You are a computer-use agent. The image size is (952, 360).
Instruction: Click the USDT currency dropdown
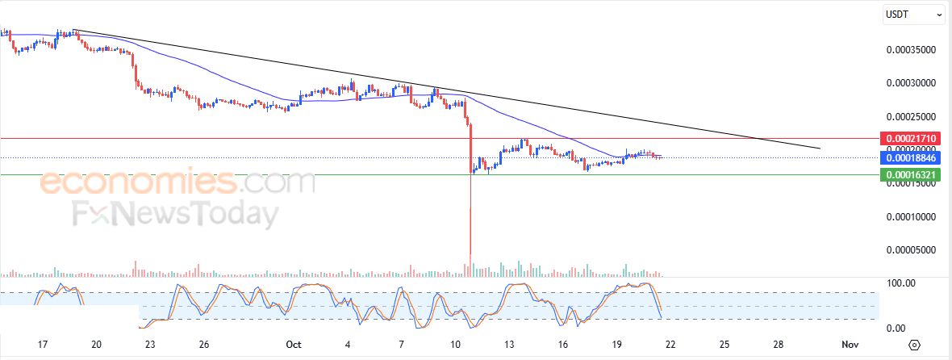click(x=914, y=14)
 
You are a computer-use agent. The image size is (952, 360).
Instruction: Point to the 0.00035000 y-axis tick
click(x=910, y=49)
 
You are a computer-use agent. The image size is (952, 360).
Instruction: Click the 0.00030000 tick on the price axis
click(x=910, y=83)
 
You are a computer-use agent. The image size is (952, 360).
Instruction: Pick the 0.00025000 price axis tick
click(x=910, y=116)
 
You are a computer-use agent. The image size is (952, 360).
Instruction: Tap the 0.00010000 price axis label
click(x=910, y=217)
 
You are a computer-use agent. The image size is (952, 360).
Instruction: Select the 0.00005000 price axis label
click(x=910, y=250)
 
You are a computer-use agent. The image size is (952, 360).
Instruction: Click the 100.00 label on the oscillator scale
click(x=900, y=283)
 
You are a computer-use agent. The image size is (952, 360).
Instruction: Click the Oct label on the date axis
click(x=294, y=345)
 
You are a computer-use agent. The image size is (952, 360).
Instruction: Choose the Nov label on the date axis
click(x=849, y=345)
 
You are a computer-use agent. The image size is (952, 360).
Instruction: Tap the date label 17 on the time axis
click(x=44, y=345)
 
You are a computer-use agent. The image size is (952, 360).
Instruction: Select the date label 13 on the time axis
click(x=510, y=345)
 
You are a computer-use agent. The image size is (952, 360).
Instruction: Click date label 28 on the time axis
click(x=778, y=345)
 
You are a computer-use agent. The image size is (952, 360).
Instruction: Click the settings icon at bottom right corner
click(x=914, y=345)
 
